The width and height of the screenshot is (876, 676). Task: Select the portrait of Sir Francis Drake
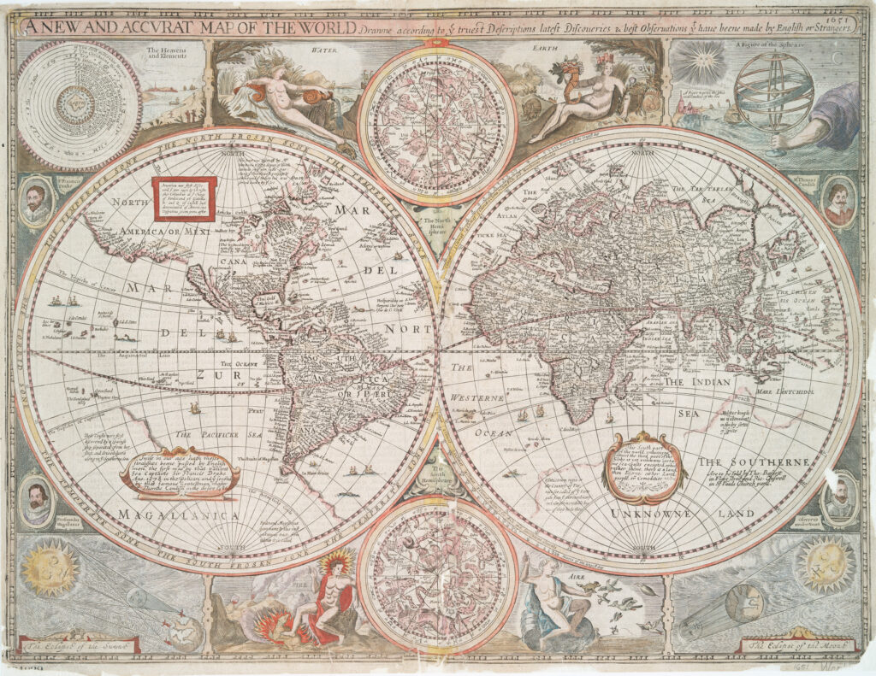(x=36, y=202)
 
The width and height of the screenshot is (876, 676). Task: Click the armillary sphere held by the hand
(x=774, y=94)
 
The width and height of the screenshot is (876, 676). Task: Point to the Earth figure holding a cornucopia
(x=583, y=97)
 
